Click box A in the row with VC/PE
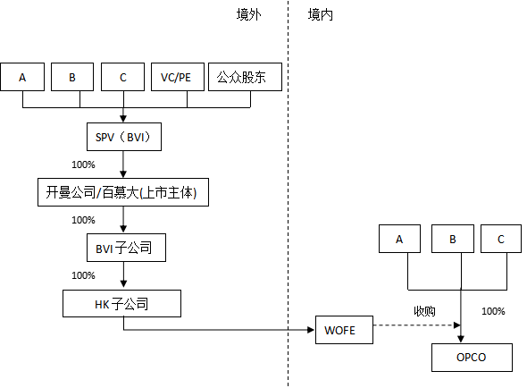[x=22, y=77]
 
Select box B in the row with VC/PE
[x=72, y=77]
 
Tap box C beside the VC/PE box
[x=122, y=77]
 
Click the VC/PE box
[x=176, y=77]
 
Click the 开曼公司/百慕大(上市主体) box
[x=122, y=192]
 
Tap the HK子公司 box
[x=121, y=304]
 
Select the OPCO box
[x=472, y=357]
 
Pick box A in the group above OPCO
[x=399, y=239]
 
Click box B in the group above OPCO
[x=453, y=239]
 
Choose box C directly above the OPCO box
[x=501, y=239]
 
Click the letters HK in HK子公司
[x=103, y=305]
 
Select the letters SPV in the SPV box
[x=105, y=137]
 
